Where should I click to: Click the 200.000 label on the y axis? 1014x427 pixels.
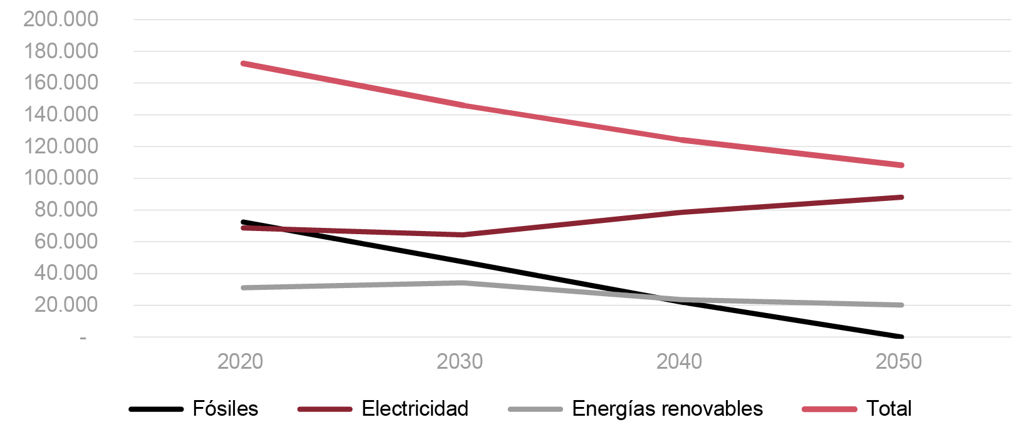tap(61, 19)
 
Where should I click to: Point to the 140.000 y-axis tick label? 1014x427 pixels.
tap(61, 114)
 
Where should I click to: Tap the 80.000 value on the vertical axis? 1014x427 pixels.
tap(66, 209)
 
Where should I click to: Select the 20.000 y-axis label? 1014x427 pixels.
tap(66, 304)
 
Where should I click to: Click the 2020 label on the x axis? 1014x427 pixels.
tap(241, 361)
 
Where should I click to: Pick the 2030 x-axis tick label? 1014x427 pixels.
tap(460, 361)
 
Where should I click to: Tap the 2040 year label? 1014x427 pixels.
tap(680, 361)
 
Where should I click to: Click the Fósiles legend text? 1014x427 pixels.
tap(225, 409)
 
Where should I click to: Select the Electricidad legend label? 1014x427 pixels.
tap(415, 409)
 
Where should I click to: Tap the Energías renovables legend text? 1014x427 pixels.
tap(667, 409)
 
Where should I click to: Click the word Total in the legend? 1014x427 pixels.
tap(889, 409)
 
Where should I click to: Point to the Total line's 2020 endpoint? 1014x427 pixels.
tap(243, 63)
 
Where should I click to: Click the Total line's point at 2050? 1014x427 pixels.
tap(901, 165)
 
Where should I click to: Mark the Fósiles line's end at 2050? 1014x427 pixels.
tap(901, 337)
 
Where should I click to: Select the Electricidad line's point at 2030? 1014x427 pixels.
tap(462, 235)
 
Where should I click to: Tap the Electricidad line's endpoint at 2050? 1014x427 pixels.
tap(901, 197)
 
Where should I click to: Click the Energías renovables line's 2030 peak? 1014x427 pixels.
tap(462, 282)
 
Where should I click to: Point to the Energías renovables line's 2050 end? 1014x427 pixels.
tap(901, 305)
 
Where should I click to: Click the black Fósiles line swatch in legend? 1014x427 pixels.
tap(156, 409)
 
